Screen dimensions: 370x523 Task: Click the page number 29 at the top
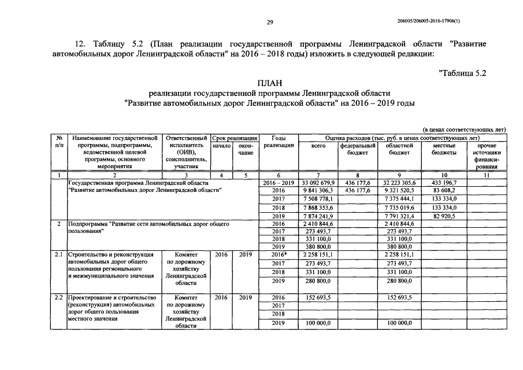(x=269, y=23)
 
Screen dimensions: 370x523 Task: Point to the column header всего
(x=318, y=146)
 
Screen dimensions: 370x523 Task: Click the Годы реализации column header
(x=279, y=142)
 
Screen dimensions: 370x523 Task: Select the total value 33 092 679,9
(x=318, y=182)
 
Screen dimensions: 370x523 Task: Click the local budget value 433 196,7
(x=444, y=182)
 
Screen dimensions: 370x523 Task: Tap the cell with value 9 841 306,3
(x=318, y=190)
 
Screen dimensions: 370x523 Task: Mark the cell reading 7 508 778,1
(x=318, y=199)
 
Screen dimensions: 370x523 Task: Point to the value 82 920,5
(x=444, y=216)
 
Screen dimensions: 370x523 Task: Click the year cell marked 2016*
(x=279, y=254)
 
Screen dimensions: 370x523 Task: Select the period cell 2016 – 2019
(x=279, y=182)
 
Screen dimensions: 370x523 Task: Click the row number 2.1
(x=58, y=254)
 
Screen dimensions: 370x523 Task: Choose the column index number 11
(x=487, y=174)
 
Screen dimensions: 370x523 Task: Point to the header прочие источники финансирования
(x=487, y=156)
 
